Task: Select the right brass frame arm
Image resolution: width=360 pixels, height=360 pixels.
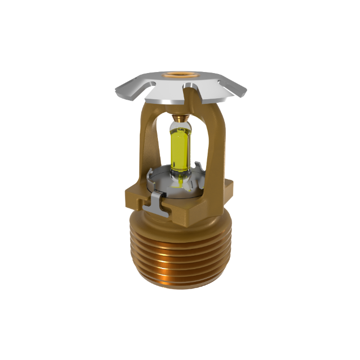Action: point(213,147)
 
